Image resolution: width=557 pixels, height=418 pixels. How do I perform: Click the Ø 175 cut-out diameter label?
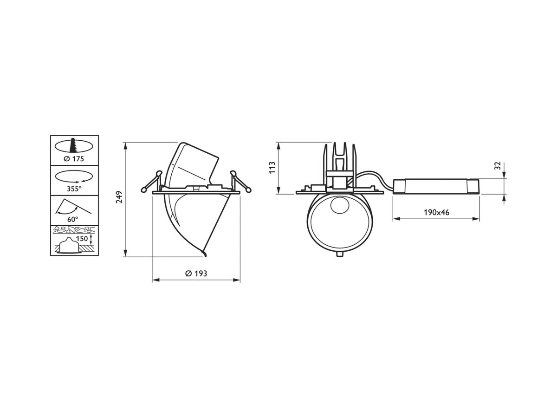[74, 159]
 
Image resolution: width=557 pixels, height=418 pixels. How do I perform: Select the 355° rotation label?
[74, 189]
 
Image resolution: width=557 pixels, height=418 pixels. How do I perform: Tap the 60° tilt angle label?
[73, 219]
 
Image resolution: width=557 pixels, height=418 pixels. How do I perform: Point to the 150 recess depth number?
[82, 239]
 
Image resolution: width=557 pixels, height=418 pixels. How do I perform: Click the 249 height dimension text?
[119, 197]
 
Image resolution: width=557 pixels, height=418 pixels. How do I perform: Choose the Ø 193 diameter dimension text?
[196, 274]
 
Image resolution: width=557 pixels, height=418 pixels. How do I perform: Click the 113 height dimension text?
[272, 168]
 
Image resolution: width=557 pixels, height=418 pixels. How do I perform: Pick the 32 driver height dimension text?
[498, 166]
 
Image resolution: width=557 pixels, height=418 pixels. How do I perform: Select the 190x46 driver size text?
[436, 212]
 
